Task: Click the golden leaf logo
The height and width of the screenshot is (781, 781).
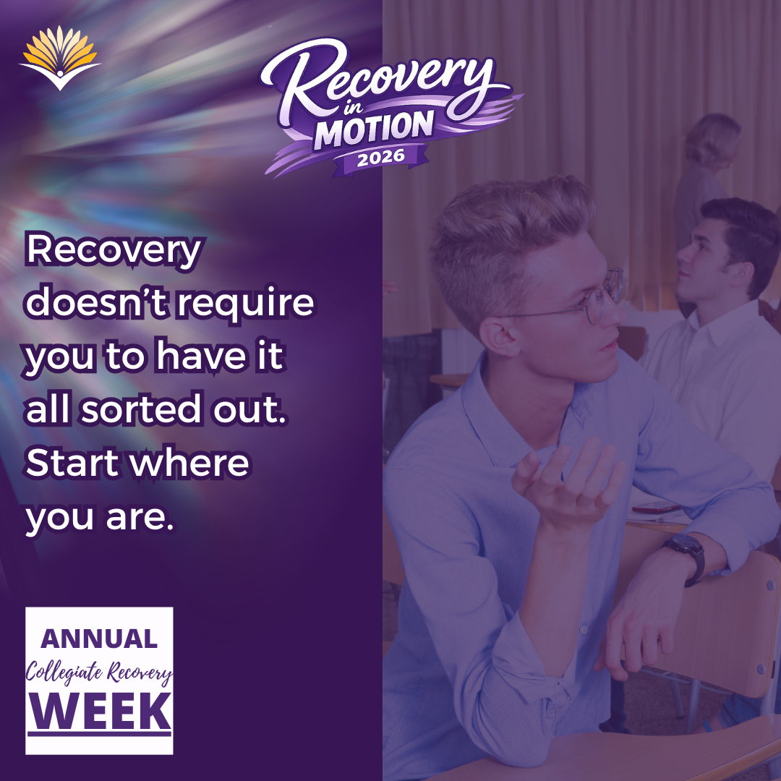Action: point(60,57)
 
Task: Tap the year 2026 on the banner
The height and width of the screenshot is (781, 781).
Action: point(381,158)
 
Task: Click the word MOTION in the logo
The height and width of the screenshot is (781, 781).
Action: point(374,129)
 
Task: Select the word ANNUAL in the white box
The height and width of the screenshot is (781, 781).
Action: point(99,639)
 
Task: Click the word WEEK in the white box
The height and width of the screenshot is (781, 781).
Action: point(100,712)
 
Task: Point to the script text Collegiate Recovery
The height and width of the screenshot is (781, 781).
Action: point(99,673)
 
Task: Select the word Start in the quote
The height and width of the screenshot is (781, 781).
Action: point(72,463)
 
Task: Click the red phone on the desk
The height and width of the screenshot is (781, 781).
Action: point(656,508)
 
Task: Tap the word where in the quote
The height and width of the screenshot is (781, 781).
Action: point(189,463)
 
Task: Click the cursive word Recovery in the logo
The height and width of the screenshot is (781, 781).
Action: point(378,82)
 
